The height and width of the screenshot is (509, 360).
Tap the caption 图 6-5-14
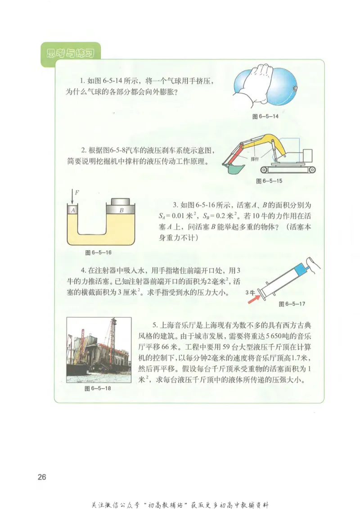pyautogui.click(x=265, y=116)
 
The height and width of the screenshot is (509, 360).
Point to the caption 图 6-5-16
pyautogui.click(x=99, y=252)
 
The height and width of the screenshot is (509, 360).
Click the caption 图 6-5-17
pyautogui.click(x=292, y=304)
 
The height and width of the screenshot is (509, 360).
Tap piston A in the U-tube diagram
pyautogui.click(x=72, y=210)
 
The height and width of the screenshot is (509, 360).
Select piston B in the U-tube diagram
pyautogui.click(x=121, y=210)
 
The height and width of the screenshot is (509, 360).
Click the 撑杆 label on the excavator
pyautogui.click(x=254, y=159)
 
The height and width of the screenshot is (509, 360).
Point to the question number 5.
pyautogui.click(x=154, y=324)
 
